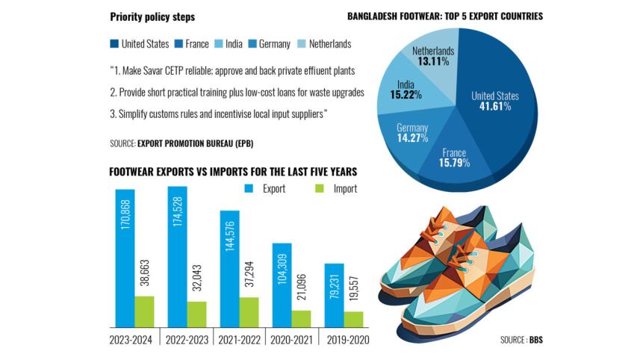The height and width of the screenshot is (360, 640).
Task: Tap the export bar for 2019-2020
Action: click(x=334, y=295)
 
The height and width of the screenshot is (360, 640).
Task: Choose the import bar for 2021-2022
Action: click(x=249, y=311)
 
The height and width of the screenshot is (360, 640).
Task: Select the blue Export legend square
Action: click(x=249, y=188)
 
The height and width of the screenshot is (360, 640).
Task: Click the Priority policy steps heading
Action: click(x=152, y=16)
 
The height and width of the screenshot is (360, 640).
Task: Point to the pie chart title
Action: click(x=456, y=16)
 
